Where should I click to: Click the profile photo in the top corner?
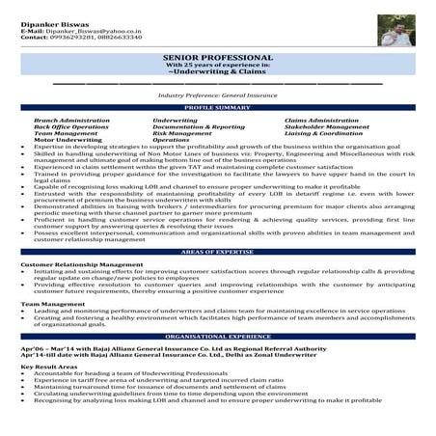395,32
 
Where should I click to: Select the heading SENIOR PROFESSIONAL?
217,60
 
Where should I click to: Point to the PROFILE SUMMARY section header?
217,107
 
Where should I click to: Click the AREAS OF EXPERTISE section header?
217,251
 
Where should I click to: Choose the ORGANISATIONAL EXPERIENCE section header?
217,336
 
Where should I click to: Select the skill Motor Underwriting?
62,139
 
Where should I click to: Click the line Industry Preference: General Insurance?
217,96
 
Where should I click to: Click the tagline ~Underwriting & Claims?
217,75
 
